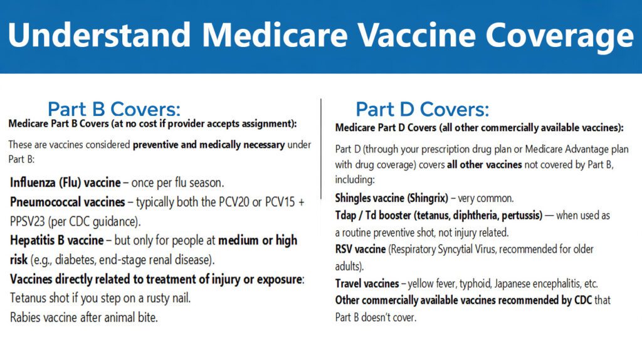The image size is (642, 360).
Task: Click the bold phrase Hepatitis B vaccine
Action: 56,240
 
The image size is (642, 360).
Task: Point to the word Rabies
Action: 27,317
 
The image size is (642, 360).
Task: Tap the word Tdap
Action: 347,215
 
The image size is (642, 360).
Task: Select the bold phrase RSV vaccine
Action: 360,249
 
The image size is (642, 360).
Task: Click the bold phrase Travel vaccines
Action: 367,283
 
